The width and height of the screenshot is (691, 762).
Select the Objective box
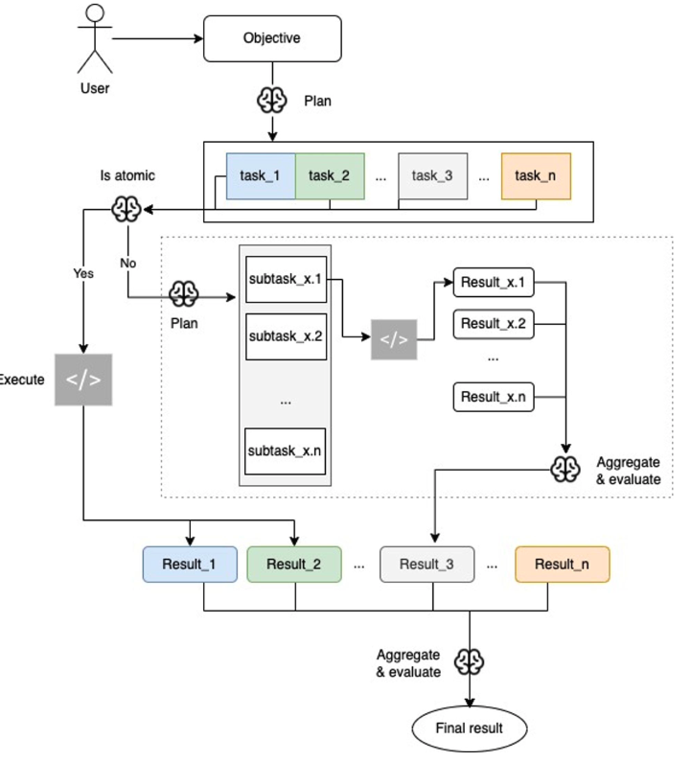click(x=272, y=39)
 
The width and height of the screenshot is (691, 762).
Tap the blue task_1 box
click(x=260, y=175)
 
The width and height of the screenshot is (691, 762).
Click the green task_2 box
click(x=329, y=175)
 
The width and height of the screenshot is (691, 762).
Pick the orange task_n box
click(x=535, y=175)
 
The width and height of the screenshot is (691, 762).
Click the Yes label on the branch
click(x=83, y=273)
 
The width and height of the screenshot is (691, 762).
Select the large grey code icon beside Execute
click(x=82, y=379)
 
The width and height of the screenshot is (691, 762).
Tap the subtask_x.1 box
click(x=285, y=280)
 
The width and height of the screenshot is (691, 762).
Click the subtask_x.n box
click(x=285, y=450)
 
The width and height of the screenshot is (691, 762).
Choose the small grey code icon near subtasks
click(x=394, y=339)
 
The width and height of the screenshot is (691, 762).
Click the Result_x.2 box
click(x=493, y=324)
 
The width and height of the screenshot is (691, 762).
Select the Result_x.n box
click(x=493, y=396)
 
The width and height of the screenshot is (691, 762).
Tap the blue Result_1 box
click(x=190, y=564)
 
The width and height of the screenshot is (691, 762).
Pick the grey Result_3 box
click(x=426, y=564)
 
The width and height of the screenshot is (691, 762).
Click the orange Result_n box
click(x=562, y=564)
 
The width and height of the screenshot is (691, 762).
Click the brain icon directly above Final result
click(x=469, y=661)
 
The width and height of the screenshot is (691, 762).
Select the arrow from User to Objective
click(x=157, y=39)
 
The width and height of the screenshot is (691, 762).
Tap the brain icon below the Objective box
click(x=272, y=101)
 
